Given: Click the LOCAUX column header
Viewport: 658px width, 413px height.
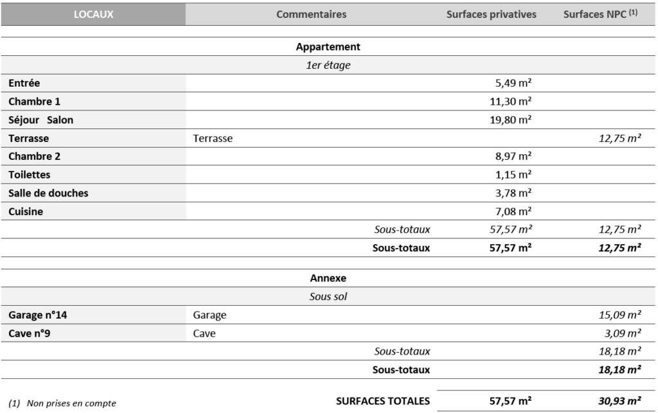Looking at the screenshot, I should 93,14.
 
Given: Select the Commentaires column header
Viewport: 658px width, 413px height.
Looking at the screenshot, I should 311,14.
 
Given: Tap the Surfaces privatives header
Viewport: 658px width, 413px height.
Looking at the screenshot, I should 491,14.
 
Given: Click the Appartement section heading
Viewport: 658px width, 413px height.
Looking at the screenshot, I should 328,47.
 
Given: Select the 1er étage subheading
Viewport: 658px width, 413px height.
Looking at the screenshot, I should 328,65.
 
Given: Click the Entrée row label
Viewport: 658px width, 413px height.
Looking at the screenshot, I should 25,83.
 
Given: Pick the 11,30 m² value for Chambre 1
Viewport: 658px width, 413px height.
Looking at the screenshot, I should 510,101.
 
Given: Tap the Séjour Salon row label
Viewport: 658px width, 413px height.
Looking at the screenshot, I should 41,119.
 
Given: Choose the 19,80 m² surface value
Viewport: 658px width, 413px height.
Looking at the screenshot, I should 510,119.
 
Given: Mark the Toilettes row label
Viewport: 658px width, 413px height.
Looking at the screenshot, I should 30,174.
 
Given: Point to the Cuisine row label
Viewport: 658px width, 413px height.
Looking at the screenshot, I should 26,211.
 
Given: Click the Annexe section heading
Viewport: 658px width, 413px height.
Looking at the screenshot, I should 328,278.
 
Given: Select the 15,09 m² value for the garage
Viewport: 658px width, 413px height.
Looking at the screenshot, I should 619,315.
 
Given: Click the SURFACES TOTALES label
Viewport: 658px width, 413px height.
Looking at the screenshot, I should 383,401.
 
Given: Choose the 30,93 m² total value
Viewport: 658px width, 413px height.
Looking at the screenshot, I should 619,401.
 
